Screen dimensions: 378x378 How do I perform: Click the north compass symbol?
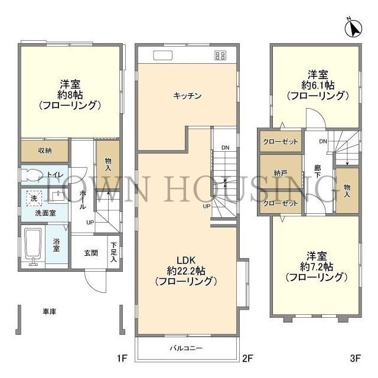(355, 27)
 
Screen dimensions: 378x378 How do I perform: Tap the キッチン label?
(188, 96)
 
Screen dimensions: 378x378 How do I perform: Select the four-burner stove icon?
(220, 56)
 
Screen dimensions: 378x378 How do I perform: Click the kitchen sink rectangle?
(162, 56)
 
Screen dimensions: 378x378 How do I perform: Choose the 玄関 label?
(90, 253)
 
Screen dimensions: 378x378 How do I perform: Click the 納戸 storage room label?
(281, 173)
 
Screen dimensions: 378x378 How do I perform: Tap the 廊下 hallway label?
(318, 172)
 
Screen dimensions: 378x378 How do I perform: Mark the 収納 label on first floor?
(45, 150)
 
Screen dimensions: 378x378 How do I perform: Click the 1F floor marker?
(122, 358)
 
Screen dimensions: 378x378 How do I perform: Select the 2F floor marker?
(247, 358)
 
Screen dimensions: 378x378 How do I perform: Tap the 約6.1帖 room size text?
(315, 84)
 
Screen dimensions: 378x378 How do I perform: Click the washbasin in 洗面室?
(57, 196)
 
